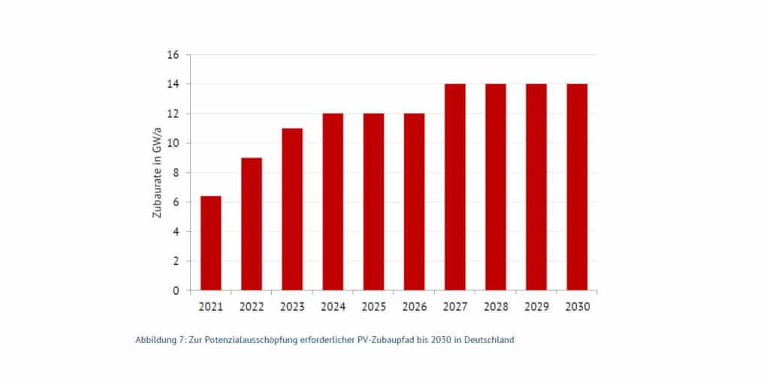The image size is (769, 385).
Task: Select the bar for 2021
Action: point(211,243)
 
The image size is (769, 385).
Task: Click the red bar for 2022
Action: point(252,224)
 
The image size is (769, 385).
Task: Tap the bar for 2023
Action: point(292,209)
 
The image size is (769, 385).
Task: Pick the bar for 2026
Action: point(414,202)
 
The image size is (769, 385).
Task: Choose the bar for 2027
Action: point(455,187)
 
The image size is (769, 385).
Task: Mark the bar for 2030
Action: point(577,187)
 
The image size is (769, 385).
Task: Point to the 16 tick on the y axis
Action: point(173,55)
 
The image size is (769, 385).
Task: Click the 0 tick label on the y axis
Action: point(176,291)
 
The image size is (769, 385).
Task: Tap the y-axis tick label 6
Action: point(176,202)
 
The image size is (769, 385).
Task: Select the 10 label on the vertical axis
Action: point(173,143)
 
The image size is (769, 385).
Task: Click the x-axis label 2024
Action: point(333,306)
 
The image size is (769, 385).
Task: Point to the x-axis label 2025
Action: point(373,306)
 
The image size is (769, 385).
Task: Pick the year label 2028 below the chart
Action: point(496,306)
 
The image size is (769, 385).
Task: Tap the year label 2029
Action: point(536,306)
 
